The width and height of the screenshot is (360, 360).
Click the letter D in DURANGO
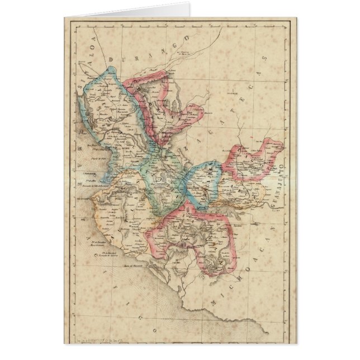112,60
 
